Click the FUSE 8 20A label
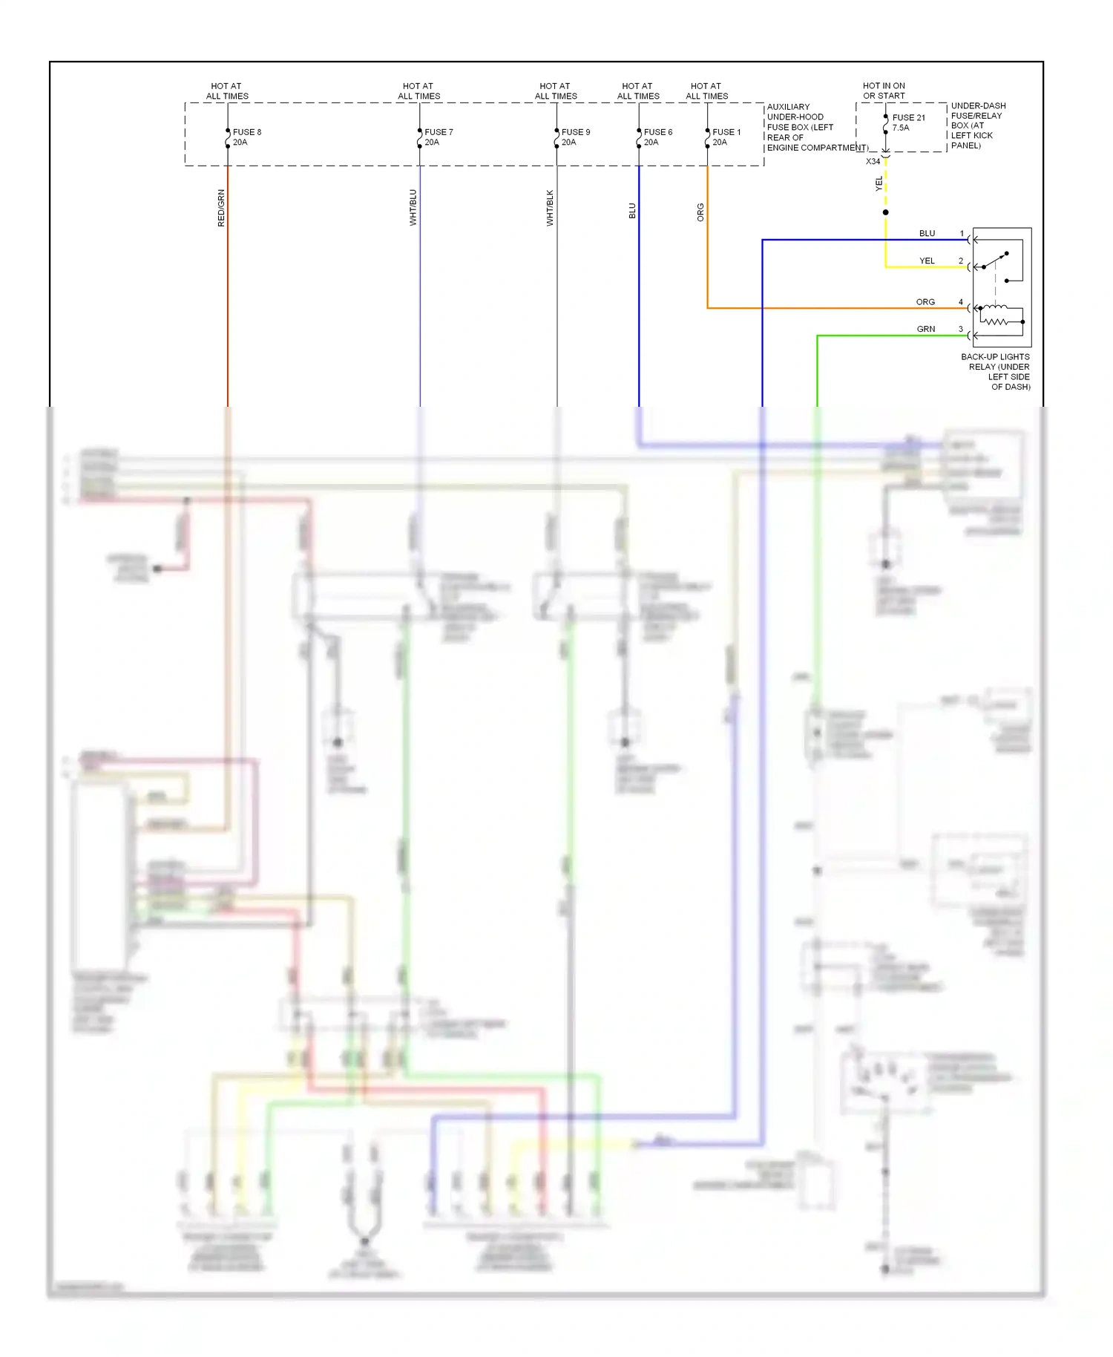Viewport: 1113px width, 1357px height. point(246,137)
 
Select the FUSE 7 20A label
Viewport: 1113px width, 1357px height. point(438,137)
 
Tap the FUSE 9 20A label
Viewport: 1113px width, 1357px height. point(575,137)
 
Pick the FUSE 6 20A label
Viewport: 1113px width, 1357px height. point(657,137)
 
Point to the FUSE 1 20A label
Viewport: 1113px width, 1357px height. point(726,137)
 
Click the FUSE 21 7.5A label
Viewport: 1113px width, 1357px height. point(908,122)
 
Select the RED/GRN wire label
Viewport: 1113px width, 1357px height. point(221,208)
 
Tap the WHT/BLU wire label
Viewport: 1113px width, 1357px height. point(413,208)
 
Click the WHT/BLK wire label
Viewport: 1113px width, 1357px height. point(550,208)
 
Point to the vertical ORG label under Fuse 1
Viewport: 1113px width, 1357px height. point(700,212)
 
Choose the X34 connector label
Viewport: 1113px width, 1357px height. point(873,162)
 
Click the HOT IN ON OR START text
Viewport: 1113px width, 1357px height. point(884,91)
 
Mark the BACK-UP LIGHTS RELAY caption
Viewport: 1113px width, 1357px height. point(995,371)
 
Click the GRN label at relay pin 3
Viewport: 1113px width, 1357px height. point(925,329)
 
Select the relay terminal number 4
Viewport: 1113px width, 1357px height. point(961,302)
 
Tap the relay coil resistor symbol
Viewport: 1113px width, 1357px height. point(996,321)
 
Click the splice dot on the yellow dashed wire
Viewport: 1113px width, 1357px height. point(885,212)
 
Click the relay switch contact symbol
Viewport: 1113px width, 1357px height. point(996,261)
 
